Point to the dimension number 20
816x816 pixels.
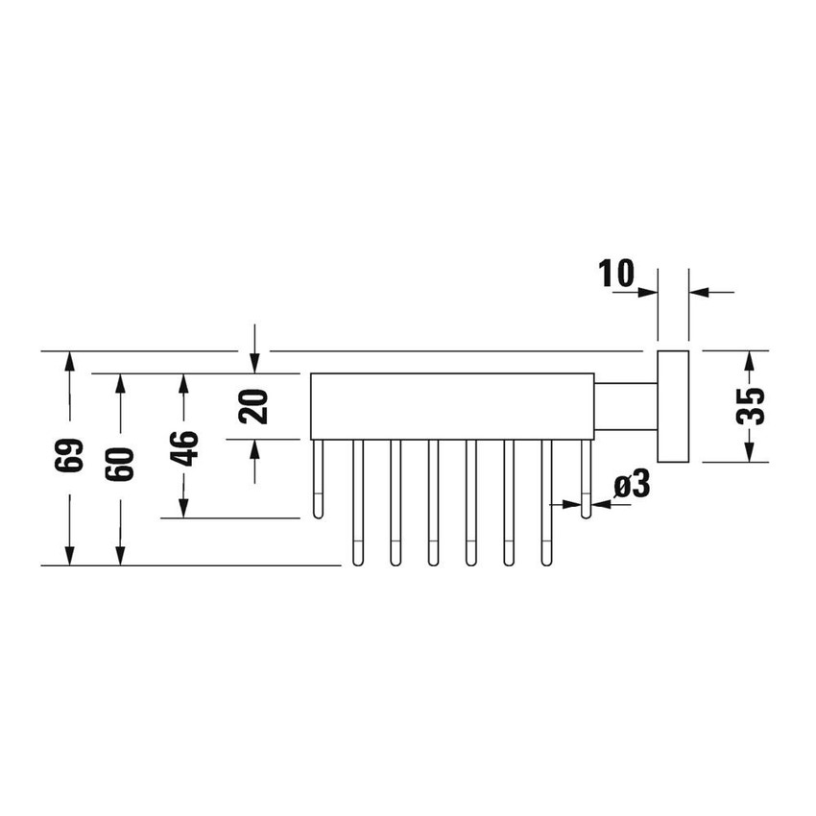[253, 407]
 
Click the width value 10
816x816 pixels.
[617, 274]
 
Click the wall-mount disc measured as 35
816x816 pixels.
[672, 407]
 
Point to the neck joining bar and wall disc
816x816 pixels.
[623, 406]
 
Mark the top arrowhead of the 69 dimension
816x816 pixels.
[69, 362]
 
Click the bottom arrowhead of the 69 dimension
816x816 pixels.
[69, 555]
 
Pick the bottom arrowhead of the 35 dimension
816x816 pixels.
[752, 451]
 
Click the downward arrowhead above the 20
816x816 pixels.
[253, 362]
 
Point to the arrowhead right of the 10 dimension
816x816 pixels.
[700, 291]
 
